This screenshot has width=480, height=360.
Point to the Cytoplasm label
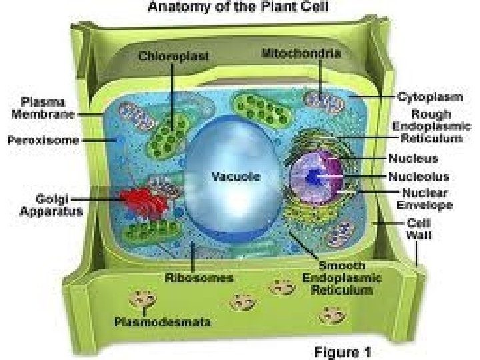click(x=430, y=97)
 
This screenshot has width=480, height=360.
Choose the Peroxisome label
click(x=43, y=141)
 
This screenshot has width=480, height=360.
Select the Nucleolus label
click(x=418, y=177)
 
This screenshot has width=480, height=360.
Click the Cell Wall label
click(x=419, y=229)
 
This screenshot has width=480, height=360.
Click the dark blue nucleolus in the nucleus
click(x=315, y=177)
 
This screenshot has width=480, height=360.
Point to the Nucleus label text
click(x=413, y=159)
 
